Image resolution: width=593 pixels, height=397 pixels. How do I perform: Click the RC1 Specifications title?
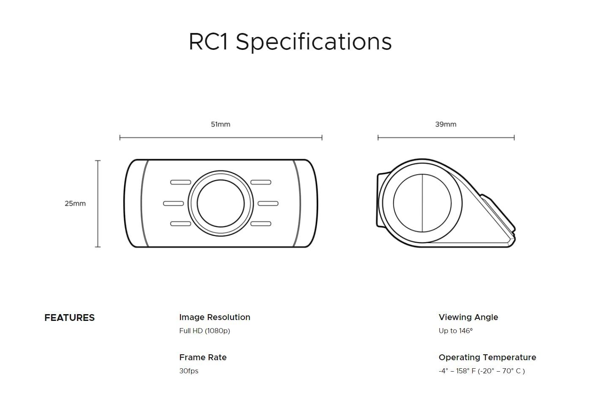(x=290, y=41)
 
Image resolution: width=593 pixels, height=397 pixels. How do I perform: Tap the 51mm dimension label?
(x=220, y=124)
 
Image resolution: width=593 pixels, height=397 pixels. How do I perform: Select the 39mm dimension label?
(x=446, y=124)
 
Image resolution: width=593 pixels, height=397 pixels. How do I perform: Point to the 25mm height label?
(x=75, y=203)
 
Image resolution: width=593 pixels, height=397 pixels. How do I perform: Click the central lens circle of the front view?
(x=220, y=203)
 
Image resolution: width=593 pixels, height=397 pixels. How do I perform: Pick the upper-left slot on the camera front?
(x=180, y=182)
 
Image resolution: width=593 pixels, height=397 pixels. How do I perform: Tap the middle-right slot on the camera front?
(x=268, y=203)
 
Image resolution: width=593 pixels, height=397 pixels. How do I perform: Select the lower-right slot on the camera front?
(x=261, y=224)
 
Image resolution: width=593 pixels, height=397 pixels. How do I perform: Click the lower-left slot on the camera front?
(x=180, y=224)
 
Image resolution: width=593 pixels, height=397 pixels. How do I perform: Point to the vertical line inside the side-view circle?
(x=422, y=203)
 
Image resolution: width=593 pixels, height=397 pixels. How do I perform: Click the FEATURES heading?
(x=70, y=318)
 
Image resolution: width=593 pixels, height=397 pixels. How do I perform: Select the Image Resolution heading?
(x=215, y=317)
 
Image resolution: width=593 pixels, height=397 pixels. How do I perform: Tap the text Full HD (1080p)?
(x=204, y=331)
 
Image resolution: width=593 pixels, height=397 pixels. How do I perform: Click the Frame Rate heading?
(x=203, y=357)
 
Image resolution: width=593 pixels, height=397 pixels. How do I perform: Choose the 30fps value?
(x=189, y=371)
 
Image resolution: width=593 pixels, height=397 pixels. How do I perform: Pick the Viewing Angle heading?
(x=468, y=317)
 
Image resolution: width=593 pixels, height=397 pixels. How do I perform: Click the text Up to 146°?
(x=455, y=331)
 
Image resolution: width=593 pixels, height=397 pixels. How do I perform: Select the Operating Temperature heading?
(x=487, y=357)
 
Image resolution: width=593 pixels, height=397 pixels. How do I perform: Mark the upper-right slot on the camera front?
(x=261, y=182)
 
